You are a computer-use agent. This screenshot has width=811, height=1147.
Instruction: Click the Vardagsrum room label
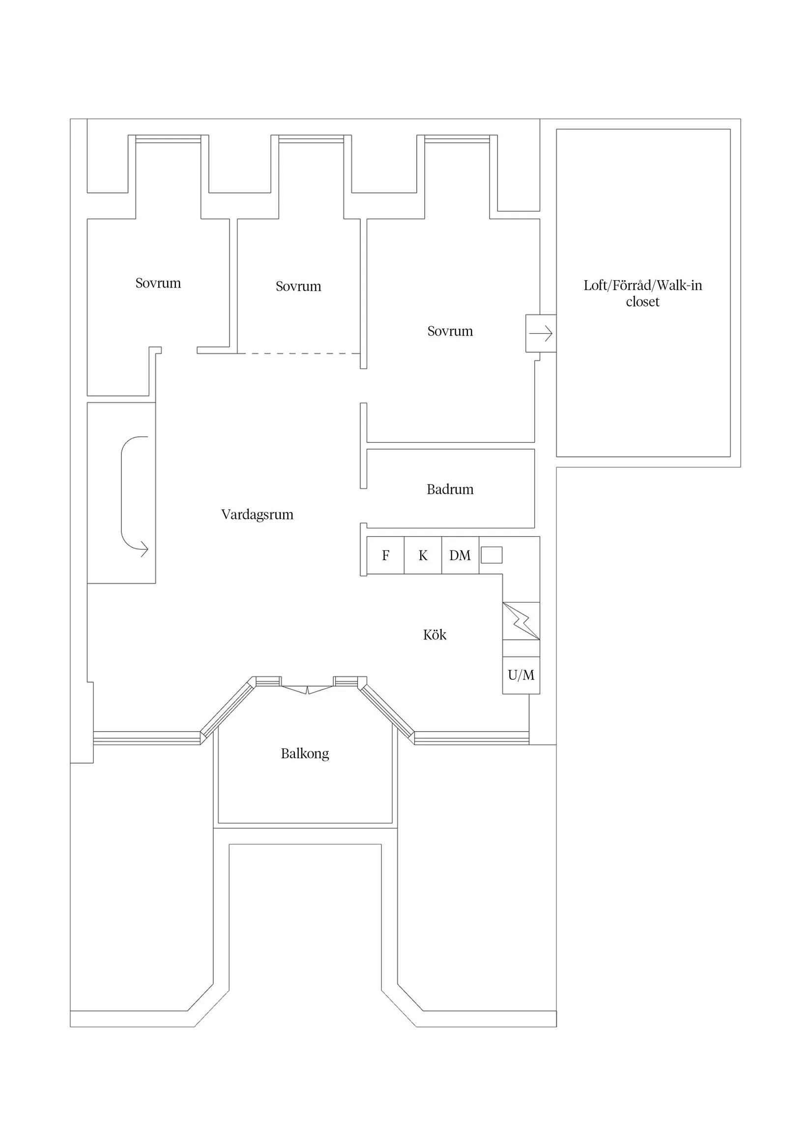pos(257,515)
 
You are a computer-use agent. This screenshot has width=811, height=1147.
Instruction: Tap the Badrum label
pos(450,489)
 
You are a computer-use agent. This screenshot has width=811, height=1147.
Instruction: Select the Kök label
pos(434,634)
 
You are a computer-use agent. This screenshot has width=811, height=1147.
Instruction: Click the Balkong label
pos(305,753)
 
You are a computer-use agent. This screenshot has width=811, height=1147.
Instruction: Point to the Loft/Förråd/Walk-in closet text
pos(642,293)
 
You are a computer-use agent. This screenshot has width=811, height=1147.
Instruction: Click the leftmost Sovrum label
pos(158,283)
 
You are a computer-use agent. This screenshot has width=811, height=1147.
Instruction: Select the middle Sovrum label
pos(298,286)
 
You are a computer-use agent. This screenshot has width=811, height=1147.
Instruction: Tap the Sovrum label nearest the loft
pos(450,331)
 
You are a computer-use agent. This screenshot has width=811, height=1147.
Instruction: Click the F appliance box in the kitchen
pos(385,555)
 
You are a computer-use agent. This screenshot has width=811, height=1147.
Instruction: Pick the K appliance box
pos(423,555)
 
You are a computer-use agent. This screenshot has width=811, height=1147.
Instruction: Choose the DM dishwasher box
pos(460,555)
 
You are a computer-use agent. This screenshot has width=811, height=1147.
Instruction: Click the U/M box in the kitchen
pos(521,675)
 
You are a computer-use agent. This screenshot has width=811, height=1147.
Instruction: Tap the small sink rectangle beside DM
pos(491,555)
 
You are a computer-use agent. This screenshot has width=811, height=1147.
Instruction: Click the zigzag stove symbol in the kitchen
pos(521,621)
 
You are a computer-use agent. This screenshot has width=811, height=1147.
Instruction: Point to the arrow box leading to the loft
pos(541,333)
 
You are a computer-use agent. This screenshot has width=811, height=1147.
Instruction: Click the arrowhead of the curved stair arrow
pos(145,549)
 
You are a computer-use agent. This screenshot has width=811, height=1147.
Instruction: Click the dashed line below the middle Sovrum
pos(298,353)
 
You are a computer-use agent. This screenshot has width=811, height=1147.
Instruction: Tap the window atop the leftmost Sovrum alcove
pos(169,139)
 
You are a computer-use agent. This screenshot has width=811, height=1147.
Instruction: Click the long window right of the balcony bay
pos(471,738)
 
